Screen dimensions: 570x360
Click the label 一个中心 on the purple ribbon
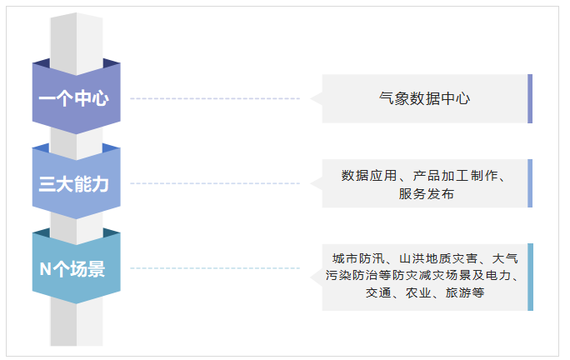74,98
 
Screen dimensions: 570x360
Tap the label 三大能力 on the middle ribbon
74,183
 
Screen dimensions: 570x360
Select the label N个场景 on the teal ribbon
72,269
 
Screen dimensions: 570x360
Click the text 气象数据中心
424,98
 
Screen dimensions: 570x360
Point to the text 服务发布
426,194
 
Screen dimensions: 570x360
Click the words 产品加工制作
456,176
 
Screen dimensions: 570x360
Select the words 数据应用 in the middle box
369,176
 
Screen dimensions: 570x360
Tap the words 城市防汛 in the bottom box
358,258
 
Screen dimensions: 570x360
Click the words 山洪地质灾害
438,258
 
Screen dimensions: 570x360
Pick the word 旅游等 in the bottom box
465,292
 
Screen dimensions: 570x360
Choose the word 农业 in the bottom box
418,292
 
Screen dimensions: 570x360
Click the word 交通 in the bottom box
378,292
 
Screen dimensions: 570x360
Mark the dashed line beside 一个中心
215,98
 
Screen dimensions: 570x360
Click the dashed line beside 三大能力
215,183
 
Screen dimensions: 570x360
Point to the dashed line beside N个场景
215,268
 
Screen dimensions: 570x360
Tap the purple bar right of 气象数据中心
530,98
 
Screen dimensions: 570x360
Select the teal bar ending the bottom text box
530,277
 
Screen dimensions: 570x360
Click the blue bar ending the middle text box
530,183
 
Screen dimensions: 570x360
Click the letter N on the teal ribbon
45,269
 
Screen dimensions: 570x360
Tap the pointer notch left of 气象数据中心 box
317,98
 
